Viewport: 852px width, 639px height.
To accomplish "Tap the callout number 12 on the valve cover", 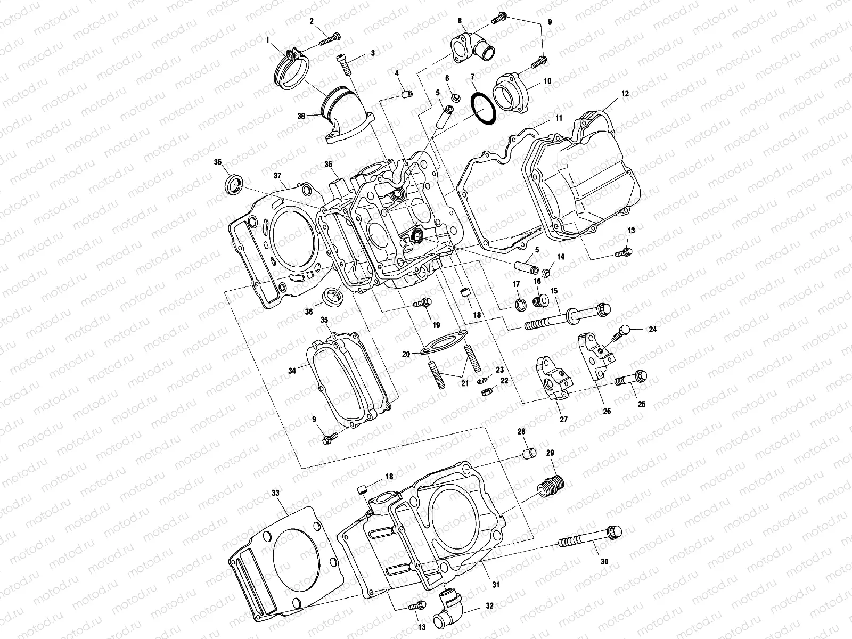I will (x=625, y=93).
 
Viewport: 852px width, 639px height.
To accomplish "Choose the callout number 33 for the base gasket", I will (x=275, y=493).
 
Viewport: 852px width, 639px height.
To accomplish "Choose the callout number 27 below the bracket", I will (x=563, y=420).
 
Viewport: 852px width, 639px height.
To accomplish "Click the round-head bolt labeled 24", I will (x=621, y=333).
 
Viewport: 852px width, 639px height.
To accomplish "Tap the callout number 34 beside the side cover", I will (x=292, y=371).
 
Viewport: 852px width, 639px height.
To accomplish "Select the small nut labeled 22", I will (x=486, y=393).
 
